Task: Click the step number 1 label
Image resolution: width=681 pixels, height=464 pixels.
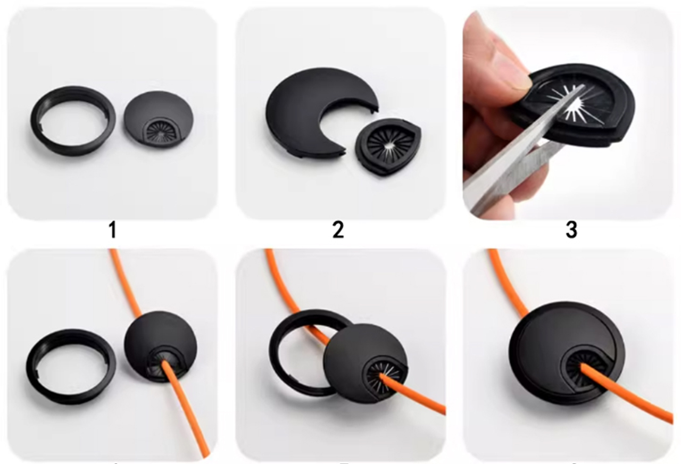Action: pyautogui.click(x=112, y=230)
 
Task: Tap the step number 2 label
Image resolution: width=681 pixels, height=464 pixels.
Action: pyautogui.click(x=338, y=230)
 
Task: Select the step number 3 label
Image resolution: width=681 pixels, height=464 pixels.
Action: pyautogui.click(x=571, y=230)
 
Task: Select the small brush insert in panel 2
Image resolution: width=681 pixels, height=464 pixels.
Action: pyautogui.click(x=388, y=146)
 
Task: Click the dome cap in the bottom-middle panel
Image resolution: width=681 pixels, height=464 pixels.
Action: pyautogui.click(x=351, y=351)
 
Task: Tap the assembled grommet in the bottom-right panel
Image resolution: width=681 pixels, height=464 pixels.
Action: pyautogui.click(x=537, y=341)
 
